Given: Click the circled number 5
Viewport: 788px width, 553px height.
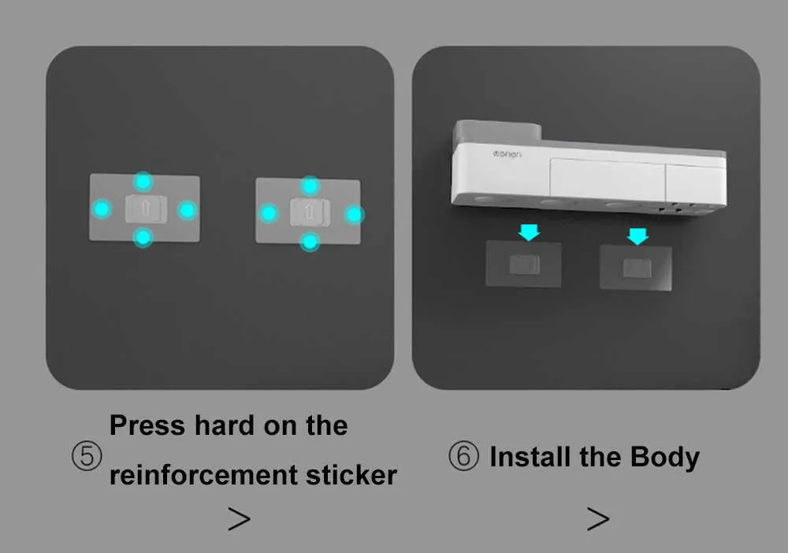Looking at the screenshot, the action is (x=87, y=456).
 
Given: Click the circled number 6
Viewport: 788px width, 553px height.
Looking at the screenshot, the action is (x=463, y=455).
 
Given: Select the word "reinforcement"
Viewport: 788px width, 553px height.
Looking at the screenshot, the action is (x=203, y=475).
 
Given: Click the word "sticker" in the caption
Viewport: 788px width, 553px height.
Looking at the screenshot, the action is (x=351, y=475).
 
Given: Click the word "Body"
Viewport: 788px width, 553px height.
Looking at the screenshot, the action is (x=665, y=458).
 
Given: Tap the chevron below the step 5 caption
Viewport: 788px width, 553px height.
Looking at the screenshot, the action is (x=239, y=518).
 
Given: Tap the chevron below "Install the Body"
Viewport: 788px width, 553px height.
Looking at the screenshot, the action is (x=598, y=518).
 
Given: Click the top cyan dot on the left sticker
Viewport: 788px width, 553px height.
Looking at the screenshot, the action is (x=143, y=181).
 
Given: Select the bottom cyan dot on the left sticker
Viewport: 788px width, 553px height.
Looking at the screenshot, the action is (x=143, y=237).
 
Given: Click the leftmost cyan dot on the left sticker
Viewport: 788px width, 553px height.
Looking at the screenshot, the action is (x=102, y=209).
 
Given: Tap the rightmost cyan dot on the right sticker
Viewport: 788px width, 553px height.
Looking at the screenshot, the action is (x=354, y=215).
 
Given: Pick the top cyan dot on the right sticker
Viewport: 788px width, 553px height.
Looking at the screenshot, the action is (x=310, y=186).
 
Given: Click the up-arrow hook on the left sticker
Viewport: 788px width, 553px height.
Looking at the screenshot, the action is (x=147, y=209).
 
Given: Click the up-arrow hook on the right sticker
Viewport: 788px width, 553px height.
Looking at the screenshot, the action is (x=310, y=212).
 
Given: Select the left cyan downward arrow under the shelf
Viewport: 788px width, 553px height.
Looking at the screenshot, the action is (x=530, y=232).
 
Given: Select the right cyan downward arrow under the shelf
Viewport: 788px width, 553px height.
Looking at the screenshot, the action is (x=637, y=236).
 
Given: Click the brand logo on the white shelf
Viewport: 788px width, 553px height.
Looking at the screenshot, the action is (x=507, y=154).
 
